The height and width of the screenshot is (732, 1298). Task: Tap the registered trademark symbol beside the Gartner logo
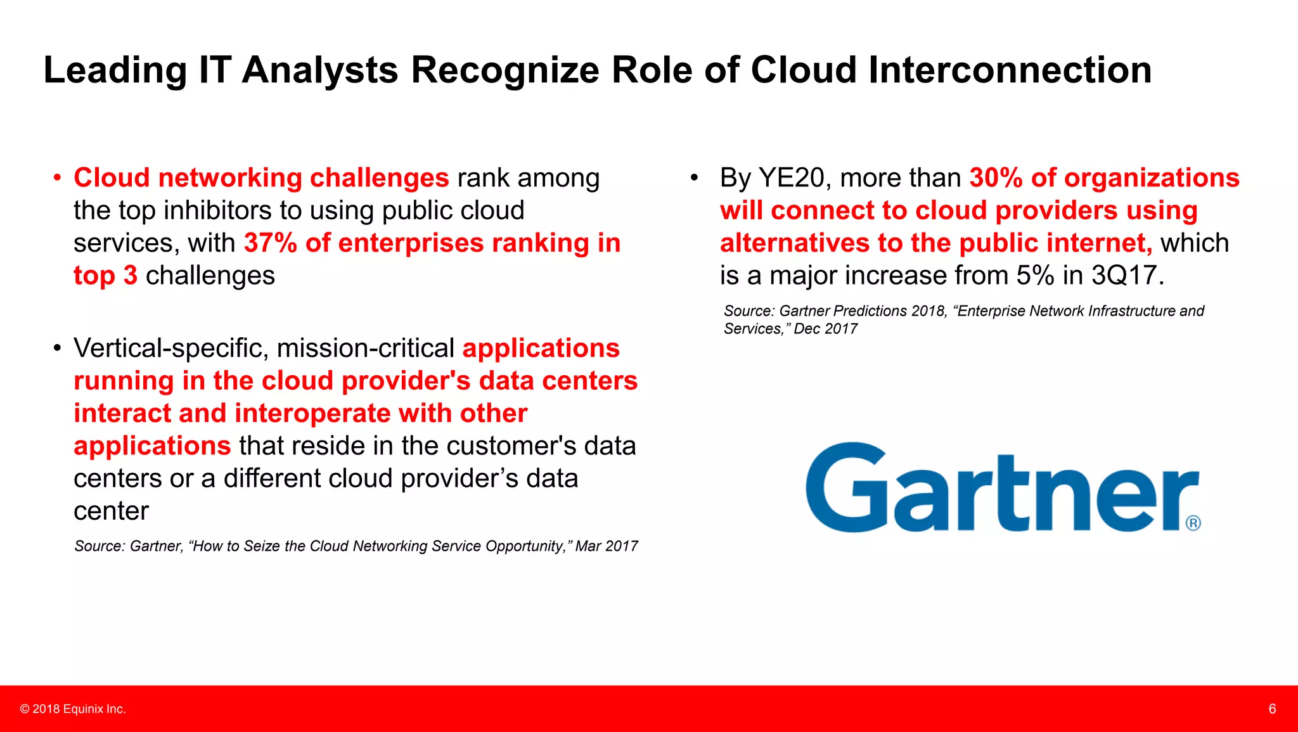[x=1193, y=523]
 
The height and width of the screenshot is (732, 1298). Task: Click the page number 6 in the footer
[x=1271, y=709]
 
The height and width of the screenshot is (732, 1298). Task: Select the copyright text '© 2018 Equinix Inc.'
[x=73, y=709]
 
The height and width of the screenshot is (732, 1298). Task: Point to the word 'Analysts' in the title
[x=320, y=70]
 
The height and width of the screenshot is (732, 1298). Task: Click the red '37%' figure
[x=270, y=243]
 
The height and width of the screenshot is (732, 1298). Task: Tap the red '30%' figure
[x=996, y=178]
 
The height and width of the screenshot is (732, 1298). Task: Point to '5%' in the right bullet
[x=1035, y=276]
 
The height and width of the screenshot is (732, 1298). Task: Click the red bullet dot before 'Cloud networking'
[x=57, y=178]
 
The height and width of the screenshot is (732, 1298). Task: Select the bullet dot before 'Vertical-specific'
[x=57, y=349]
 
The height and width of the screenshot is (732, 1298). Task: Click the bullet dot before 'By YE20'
[x=694, y=178]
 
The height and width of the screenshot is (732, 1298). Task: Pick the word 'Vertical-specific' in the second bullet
[x=170, y=349]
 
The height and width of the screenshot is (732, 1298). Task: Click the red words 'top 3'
[x=105, y=276]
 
